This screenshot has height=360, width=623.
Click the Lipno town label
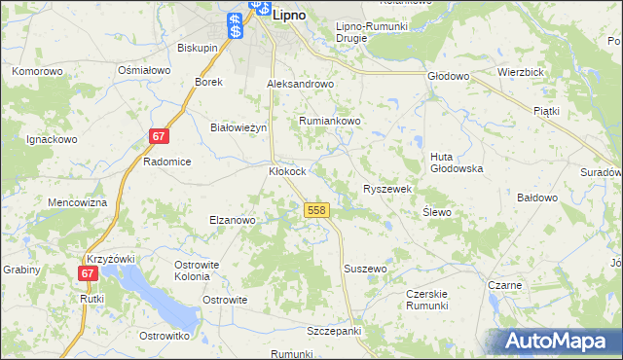[x=290, y=16]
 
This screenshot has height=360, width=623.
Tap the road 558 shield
[x=315, y=210]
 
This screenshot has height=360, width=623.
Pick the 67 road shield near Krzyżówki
[x=89, y=274]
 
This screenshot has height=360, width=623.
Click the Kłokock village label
[x=288, y=171]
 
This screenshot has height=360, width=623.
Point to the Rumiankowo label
[x=330, y=121]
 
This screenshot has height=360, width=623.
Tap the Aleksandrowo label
[x=301, y=85]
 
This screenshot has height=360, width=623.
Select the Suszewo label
[x=366, y=268]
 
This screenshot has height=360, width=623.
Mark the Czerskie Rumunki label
[x=433, y=299]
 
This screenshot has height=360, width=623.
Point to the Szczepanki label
[x=334, y=331]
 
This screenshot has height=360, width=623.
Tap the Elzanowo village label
[x=233, y=220]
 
